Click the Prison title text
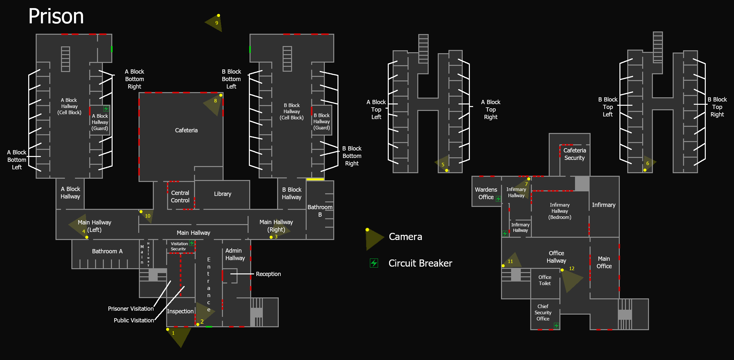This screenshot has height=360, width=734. [56, 16]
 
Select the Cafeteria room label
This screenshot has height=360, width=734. [186, 130]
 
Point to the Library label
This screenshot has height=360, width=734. [223, 194]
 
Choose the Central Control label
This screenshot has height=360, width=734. [180, 197]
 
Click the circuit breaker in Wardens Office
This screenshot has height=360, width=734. [498, 199]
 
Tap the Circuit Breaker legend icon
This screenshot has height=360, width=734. [374, 263]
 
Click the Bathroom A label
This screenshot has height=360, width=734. [107, 251]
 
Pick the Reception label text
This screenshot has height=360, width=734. [268, 274]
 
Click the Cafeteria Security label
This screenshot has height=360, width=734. [574, 154]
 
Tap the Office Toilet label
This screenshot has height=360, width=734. [545, 280]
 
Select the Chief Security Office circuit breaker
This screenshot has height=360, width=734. [557, 325]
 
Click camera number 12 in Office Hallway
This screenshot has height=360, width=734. [571, 278]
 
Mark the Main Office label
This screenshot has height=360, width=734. [604, 262]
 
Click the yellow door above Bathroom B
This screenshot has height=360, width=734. [315, 179]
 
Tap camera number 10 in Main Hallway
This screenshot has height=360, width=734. [147, 216]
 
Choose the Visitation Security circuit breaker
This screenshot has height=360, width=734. [192, 243]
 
